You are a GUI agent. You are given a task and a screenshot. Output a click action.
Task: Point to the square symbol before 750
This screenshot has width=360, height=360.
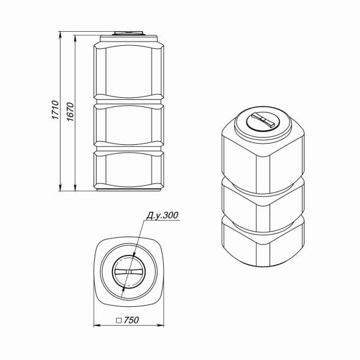pos(118,320)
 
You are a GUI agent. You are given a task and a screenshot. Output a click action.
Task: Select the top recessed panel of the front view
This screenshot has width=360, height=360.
pos(128,68)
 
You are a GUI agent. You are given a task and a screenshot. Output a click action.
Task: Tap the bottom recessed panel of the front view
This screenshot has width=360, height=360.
pos(128,171)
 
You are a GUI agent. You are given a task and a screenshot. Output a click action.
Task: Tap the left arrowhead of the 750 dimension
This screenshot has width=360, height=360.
pos(96,325)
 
